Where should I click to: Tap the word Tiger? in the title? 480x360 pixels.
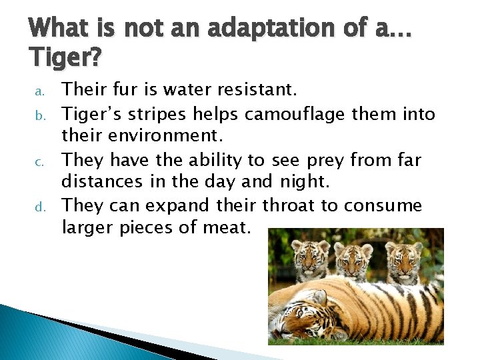65,59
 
